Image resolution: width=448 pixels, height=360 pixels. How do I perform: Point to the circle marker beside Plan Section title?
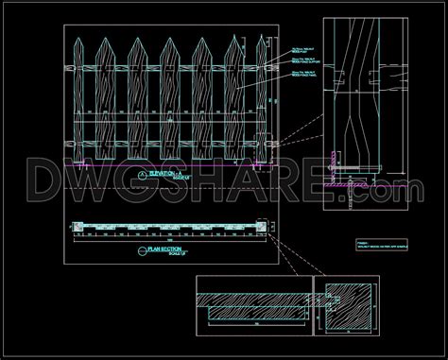point(143,250)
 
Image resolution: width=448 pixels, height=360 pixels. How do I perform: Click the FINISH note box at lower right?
point(376,245)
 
